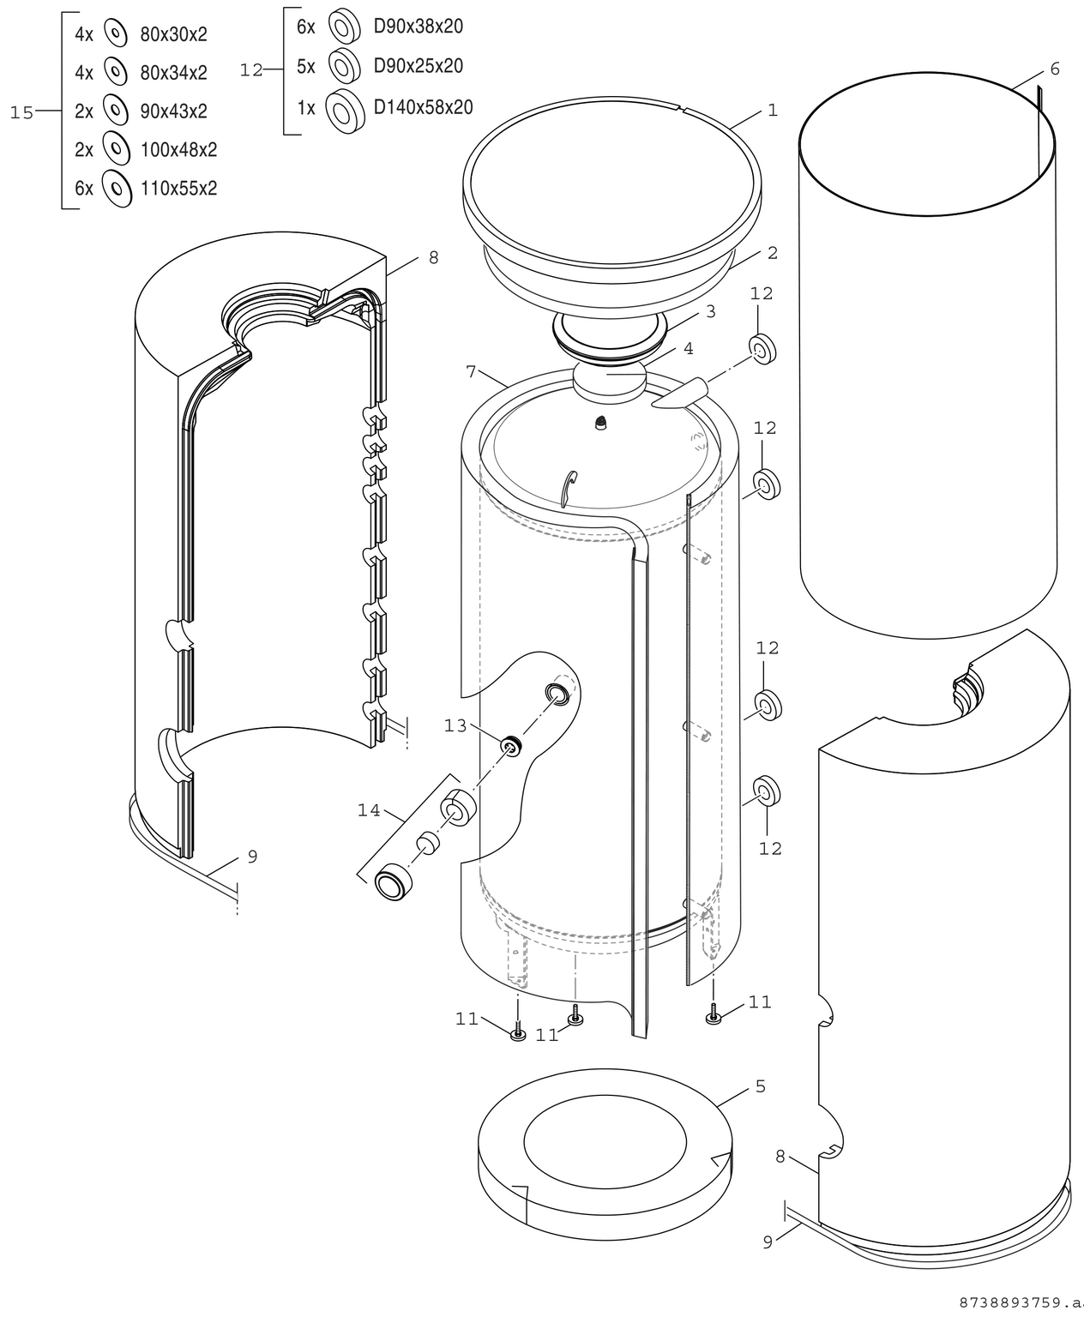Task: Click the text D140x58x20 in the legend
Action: pyautogui.click(x=423, y=107)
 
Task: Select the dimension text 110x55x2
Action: pyautogui.click(x=178, y=189)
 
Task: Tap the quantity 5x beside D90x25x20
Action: pyautogui.click(x=306, y=66)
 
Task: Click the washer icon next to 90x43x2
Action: pyautogui.click(x=114, y=111)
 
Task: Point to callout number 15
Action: pyautogui.click(x=21, y=112)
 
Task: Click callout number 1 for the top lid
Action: pyautogui.click(x=773, y=110)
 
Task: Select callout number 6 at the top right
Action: pyautogui.click(x=1054, y=69)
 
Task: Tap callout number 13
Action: pyautogui.click(x=455, y=726)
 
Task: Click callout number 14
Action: pyautogui.click(x=369, y=810)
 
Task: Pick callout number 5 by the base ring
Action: pyautogui.click(x=760, y=1086)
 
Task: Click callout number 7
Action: pyautogui.click(x=471, y=371)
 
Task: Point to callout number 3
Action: pyautogui.click(x=710, y=312)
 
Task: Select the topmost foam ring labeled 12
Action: pyautogui.click(x=762, y=348)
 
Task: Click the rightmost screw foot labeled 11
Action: pyautogui.click(x=713, y=1017)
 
